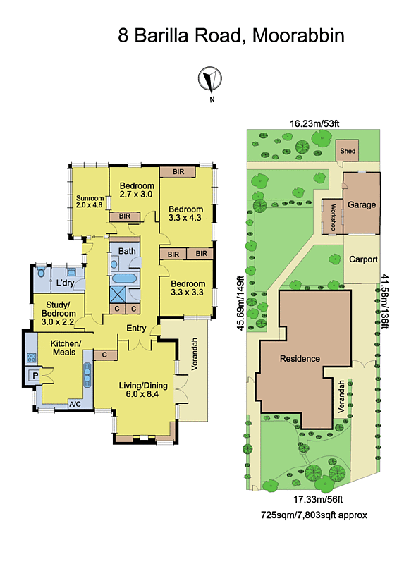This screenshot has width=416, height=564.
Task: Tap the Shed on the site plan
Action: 348,151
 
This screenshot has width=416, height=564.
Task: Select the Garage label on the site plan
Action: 362,204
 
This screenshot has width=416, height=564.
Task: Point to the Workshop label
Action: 334,217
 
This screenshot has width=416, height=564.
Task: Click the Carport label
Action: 363,259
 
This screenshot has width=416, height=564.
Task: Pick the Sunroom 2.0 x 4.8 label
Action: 90,202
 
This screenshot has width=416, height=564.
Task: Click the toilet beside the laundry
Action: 42,272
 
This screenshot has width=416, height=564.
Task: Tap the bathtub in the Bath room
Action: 125,278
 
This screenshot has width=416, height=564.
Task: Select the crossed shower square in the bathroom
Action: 118,294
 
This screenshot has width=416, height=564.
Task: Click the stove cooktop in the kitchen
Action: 32,357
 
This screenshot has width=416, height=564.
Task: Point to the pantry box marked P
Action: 35,376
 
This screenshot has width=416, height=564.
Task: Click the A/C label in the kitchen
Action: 75,404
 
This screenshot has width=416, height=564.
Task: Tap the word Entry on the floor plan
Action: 136,328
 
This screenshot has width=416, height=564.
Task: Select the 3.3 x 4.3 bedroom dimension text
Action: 185,218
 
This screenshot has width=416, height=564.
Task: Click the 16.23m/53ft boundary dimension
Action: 314,124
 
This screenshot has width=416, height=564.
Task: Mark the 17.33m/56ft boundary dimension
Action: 318,499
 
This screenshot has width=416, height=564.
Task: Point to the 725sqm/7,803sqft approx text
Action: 314,515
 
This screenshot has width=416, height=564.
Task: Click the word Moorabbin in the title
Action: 298,36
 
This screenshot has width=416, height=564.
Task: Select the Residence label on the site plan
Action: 300,359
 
